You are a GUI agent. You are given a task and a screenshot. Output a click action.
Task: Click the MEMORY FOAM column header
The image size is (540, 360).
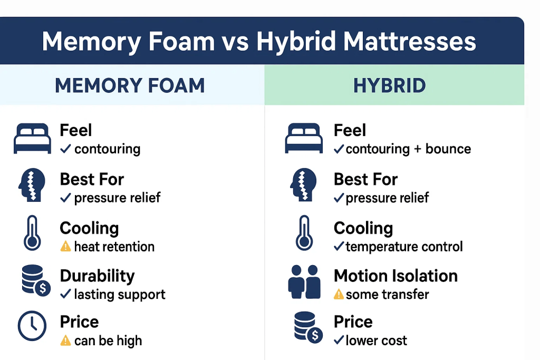coord(130,85)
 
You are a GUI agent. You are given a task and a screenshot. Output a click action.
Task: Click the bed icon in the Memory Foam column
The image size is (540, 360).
coord(32,139)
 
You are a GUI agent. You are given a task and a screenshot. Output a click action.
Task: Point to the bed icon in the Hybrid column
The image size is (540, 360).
coord(304,139)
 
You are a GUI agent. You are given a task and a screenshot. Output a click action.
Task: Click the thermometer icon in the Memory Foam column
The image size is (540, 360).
coord(32,233)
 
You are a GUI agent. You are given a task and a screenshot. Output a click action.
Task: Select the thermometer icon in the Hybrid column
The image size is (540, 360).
coord(304,233)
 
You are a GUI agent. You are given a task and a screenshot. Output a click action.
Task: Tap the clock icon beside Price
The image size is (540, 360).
coord(32,326)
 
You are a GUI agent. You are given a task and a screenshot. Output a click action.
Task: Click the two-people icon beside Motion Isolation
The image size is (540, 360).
coord(304,283)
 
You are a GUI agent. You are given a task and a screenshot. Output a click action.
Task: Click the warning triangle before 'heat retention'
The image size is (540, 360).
coord(65,246)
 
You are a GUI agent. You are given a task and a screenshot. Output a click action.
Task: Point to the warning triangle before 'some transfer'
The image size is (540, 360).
coord(339,294)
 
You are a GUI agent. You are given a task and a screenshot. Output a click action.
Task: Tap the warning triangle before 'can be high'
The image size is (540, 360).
coord(65,341)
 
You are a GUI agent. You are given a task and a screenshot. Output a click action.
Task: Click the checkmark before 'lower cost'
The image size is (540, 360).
coord(339,341)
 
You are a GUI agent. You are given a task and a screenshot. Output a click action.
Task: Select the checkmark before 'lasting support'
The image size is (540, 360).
coord(65,294)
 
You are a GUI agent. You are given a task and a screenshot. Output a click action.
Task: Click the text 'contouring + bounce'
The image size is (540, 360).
coord(408,149)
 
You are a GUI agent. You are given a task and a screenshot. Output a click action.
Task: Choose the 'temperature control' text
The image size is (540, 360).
coord(404,246)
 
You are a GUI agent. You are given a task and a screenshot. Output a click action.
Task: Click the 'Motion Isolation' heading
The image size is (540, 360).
coord(396,276)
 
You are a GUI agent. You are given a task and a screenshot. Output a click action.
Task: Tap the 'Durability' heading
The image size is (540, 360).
coord(97,276)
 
